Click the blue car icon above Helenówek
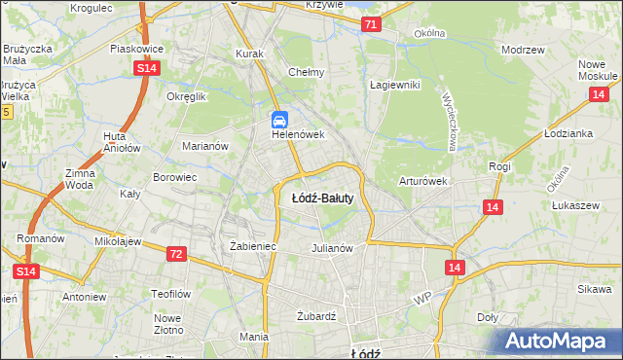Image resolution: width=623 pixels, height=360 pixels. [x=279, y=121]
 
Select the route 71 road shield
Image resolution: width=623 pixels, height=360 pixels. [x=370, y=25]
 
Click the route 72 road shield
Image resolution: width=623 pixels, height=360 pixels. [x=175, y=254]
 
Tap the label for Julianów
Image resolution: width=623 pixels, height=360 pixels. [x=331, y=247]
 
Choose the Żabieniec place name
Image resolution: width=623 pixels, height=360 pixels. [x=253, y=247]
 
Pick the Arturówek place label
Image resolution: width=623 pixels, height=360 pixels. [x=422, y=181]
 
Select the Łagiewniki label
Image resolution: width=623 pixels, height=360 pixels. [x=394, y=85]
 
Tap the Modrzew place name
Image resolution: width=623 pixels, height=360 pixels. [x=522, y=49]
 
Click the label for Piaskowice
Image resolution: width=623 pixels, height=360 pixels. [x=136, y=48]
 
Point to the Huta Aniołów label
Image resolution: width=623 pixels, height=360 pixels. [x=115, y=143]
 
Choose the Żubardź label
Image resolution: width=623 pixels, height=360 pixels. [x=315, y=316]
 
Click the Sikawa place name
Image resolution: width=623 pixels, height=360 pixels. [x=593, y=289]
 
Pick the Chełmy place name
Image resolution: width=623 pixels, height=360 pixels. [x=306, y=72]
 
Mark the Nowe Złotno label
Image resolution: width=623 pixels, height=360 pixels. [x=168, y=324]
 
